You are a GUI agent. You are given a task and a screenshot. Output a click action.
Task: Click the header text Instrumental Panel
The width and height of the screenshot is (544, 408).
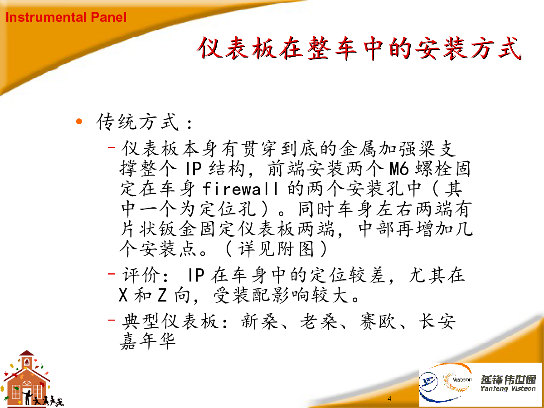click(x=66, y=17)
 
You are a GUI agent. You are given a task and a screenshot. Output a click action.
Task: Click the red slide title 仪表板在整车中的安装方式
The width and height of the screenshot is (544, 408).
click(x=359, y=48)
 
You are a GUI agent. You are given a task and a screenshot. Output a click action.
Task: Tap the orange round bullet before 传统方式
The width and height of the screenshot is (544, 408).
click(x=79, y=121)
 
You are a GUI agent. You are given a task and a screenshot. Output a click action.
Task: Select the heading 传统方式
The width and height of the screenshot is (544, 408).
click(x=137, y=121)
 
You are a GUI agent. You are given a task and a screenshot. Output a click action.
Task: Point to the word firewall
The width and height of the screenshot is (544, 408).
click(x=240, y=189)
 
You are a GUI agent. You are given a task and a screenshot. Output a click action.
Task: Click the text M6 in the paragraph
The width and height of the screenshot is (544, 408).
click(x=399, y=169)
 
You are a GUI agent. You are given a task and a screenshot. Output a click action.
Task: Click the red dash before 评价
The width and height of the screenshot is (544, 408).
click(x=112, y=274)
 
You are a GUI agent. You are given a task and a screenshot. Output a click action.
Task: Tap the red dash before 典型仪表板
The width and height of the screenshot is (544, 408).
click(x=112, y=320)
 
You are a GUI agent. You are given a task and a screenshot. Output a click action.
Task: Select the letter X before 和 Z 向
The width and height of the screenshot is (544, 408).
click(x=123, y=295)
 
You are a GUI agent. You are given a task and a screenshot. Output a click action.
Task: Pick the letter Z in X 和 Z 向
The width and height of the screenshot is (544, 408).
click(x=162, y=295)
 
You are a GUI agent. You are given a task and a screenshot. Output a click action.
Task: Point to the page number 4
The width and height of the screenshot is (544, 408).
click(x=389, y=398)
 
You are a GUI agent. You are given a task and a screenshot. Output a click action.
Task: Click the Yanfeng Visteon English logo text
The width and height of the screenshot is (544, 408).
click(x=508, y=389)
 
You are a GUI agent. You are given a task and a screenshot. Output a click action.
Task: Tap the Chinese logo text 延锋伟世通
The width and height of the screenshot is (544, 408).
click(x=508, y=379)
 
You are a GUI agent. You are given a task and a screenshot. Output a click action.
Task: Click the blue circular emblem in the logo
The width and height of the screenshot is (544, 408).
click(x=428, y=382)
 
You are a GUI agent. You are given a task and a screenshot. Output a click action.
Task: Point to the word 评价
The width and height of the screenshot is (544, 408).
click(x=141, y=275)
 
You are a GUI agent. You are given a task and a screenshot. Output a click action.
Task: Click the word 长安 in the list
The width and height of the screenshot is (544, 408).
click(x=437, y=321)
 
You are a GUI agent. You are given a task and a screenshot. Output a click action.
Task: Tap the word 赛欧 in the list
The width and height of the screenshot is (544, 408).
click(x=379, y=321)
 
